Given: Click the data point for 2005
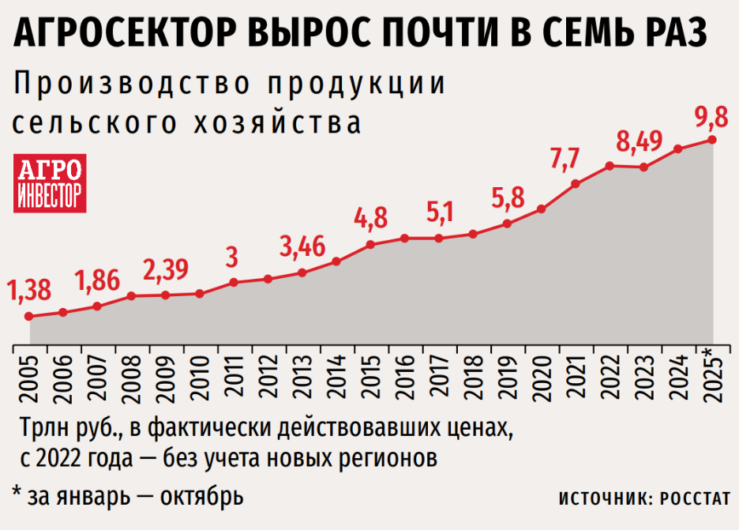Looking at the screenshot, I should pyautogui.click(x=28, y=317).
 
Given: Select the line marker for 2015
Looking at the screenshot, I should pyautogui.click(x=370, y=245).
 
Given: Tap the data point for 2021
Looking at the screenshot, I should pyautogui.click(x=576, y=184).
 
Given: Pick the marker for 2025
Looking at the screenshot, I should pyautogui.click(x=712, y=140).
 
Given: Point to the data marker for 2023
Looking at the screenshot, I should pyautogui.click(x=644, y=167).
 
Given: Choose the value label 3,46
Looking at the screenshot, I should pyautogui.click(x=303, y=248).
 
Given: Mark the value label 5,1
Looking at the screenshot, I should pyautogui.click(x=439, y=212).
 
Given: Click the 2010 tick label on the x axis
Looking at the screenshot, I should pyautogui.click(x=200, y=377).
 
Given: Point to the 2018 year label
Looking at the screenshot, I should pyautogui.click(x=473, y=377).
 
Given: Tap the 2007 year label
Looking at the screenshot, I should pyautogui.click(x=97, y=377).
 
